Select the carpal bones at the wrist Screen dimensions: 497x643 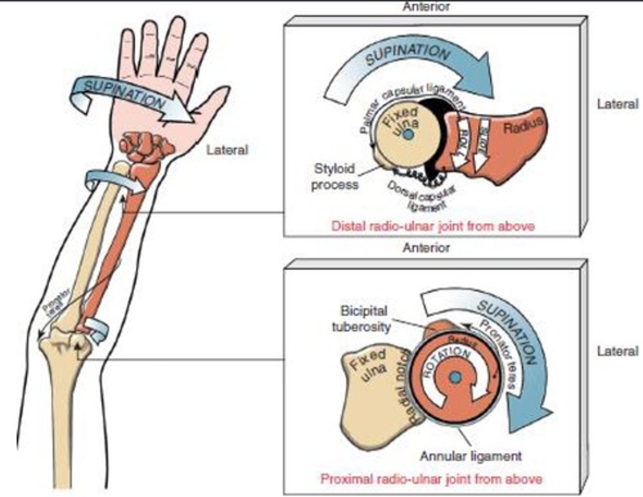tap(145, 147)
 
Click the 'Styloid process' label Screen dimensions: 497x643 tap(334, 177)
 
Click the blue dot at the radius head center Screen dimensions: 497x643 tap(455, 378)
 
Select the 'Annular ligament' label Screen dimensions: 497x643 tap(471, 456)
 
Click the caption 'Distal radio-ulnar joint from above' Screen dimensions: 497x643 tap(433, 226)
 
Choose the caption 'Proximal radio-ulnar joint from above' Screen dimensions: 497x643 tap(431, 479)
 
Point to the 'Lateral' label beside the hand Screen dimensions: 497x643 tap(227, 149)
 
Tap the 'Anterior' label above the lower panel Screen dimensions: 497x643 tap(426, 248)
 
